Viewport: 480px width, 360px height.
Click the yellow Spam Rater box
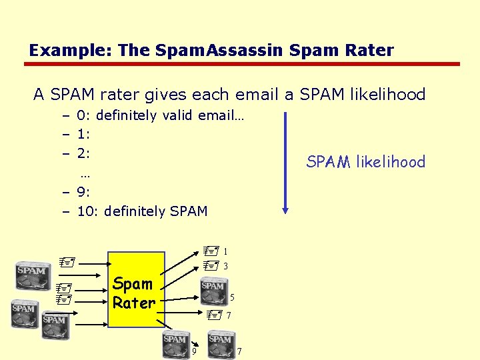coord(136,289)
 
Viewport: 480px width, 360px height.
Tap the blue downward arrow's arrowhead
coord(285,209)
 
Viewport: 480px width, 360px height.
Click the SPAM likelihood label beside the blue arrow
coord(365,161)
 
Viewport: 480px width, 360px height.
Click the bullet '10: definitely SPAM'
coord(142,211)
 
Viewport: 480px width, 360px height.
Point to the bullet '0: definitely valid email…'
coord(160,115)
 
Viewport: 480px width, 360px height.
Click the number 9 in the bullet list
coord(81,192)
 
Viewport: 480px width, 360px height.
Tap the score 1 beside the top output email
coord(226,252)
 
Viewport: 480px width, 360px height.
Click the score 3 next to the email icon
coord(226,266)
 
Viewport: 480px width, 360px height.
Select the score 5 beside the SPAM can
coord(232,297)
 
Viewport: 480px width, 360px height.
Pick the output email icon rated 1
coord(211,252)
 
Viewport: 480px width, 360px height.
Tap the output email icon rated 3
coord(211,265)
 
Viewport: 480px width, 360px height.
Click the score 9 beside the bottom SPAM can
coord(194,351)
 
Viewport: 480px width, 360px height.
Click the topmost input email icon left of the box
coord(64,263)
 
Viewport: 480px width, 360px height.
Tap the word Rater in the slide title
coord(368,50)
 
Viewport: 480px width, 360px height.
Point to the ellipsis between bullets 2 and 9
coord(85,175)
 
